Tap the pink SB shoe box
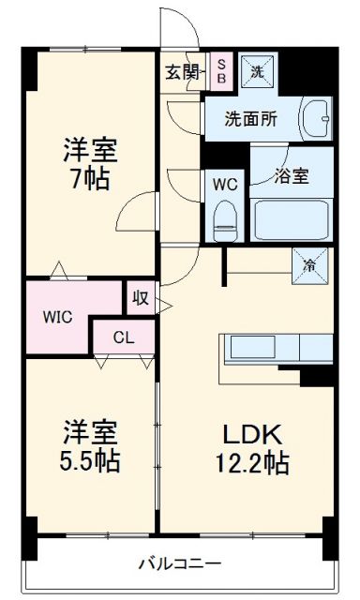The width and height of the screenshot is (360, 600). pos(221,71)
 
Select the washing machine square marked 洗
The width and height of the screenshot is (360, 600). pos(256,70)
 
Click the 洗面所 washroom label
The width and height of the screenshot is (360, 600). pos(250,120)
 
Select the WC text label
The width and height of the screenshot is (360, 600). pos(225,184)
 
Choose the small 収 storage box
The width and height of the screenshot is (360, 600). pos(141,299)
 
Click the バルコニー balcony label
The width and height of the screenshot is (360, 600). pos(181,562)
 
